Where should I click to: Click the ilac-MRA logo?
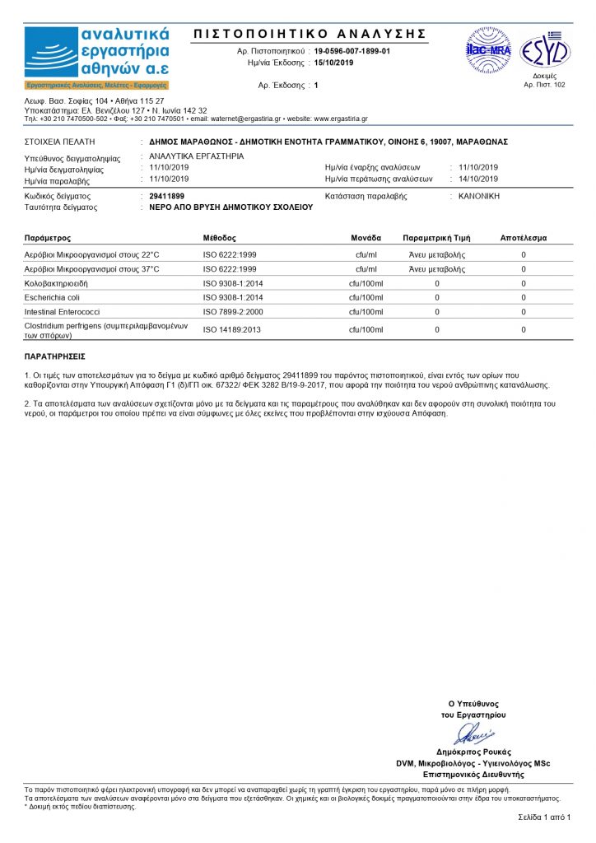pyautogui.click(x=489, y=50)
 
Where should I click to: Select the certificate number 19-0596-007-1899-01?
pyautogui.click(x=352, y=51)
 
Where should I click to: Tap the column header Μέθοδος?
pyautogui.click(x=220, y=237)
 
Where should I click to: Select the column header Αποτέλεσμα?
pyautogui.click(x=523, y=237)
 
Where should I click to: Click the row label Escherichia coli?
pyautogui.click(x=54, y=297)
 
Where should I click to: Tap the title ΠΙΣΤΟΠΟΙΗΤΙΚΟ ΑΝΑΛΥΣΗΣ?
pyautogui.click(x=310, y=34)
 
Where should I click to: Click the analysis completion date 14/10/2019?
pyautogui.click(x=478, y=178)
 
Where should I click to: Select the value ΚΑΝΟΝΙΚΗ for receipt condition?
pyautogui.click(x=479, y=196)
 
